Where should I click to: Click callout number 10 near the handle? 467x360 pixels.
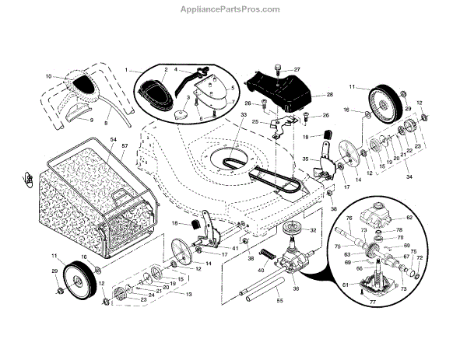[x=48, y=76]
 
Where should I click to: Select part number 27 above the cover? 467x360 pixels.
[x=296, y=70]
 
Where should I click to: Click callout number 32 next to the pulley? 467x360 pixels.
[x=314, y=231]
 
